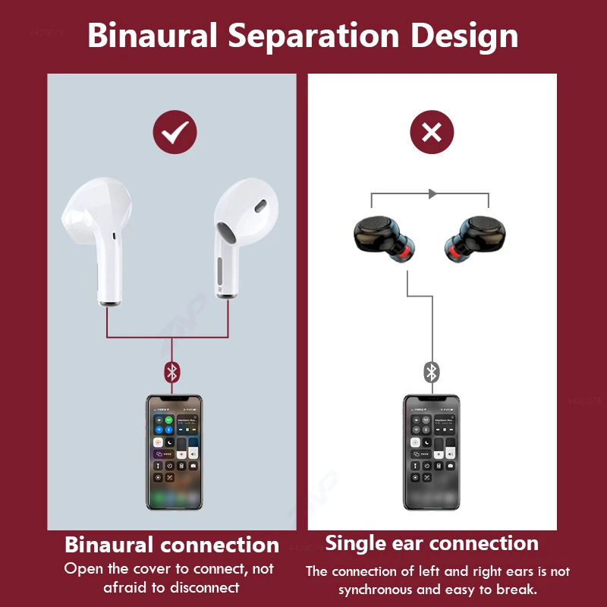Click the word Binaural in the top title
pyautogui.click(x=149, y=36)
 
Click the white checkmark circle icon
pyautogui.click(x=175, y=134)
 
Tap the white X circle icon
pyautogui.click(x=432, y=134)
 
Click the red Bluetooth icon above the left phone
pyautogui.click(x=172, y=372)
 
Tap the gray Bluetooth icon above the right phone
pyautogui.click(x=432, y=372)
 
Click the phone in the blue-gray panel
pyautogui.click(x=174, y=451)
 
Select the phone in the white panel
pyautogui.click(x=432, y=451)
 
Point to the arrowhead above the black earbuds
pyautogui.click(x=432, y=194)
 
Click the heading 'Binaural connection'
pyautogui.click(x=171, y=545)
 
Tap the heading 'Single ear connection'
pyautogui.click(x=432, y=543)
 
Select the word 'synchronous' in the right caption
pyautogui.click(x=376, y=590)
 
